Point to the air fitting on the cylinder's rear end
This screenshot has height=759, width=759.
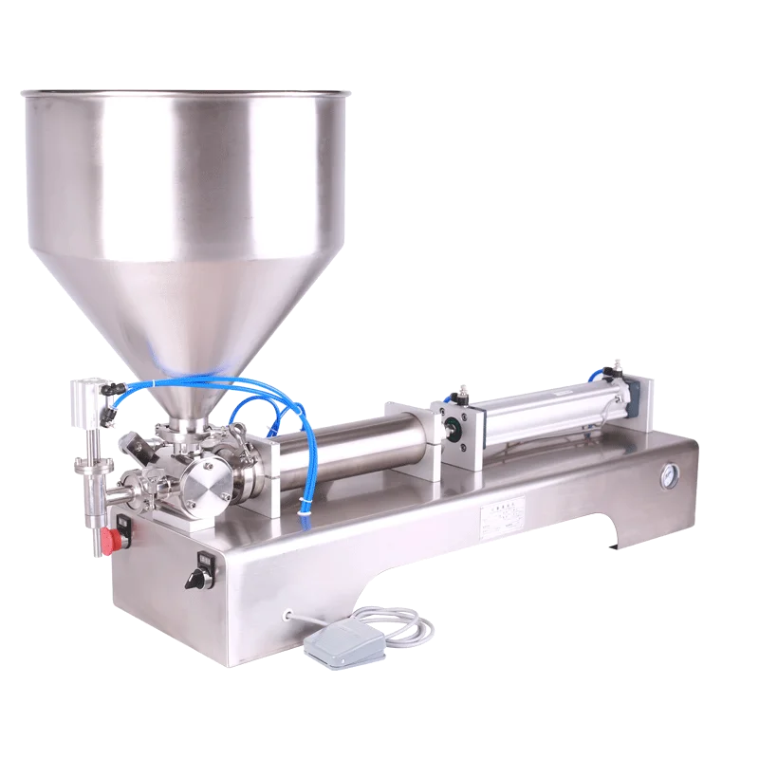click(x=608, y=369)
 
